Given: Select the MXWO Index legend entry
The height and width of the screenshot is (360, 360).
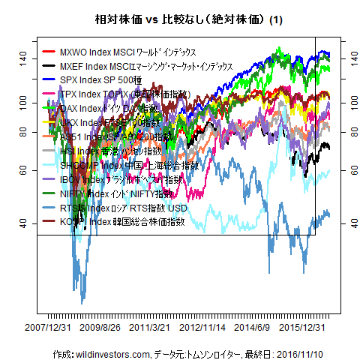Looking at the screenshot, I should click(x=127, y=52).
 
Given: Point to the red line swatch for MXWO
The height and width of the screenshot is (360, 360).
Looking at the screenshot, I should click(x=51, y=52).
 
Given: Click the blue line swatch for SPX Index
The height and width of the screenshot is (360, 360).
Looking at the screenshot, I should click(x=51, y=80).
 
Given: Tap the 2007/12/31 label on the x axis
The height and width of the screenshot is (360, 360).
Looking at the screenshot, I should click(x=48, y=328).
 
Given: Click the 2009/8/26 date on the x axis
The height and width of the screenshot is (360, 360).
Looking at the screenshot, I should click(x=100, y=328).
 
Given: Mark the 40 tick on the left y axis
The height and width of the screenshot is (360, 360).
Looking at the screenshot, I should click(x=24, y=223).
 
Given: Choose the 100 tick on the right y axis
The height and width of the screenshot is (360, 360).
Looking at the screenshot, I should click(x=350, y=100).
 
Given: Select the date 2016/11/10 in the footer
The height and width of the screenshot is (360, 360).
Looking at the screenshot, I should click(x=310, y=352).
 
